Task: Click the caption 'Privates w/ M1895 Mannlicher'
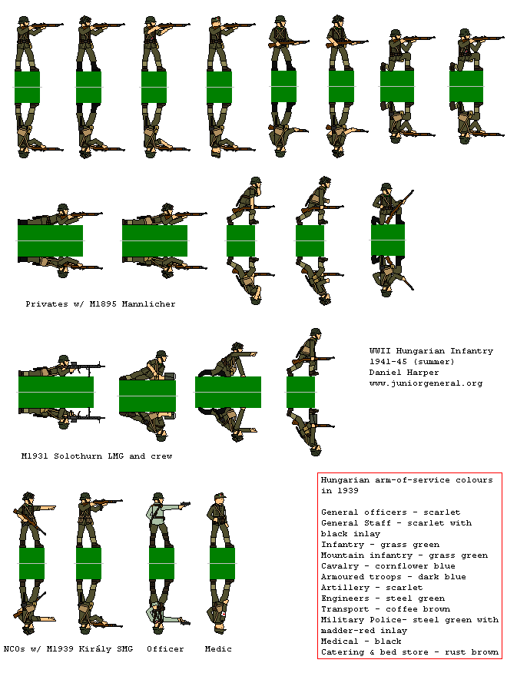coord(100,304)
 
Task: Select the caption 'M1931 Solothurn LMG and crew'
coord(97,456)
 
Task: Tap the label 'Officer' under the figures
coord(165,649)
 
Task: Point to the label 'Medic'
coord(218,649)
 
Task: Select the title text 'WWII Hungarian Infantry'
coord(431,351)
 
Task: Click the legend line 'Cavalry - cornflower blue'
coord(393,566)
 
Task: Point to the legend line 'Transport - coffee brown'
coord(386,609)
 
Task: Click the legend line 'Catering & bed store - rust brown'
coord(409,652)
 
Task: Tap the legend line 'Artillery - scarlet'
coord(372,588)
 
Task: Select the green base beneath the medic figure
coord(220,563)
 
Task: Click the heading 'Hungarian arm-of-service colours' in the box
coord(407,479)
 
